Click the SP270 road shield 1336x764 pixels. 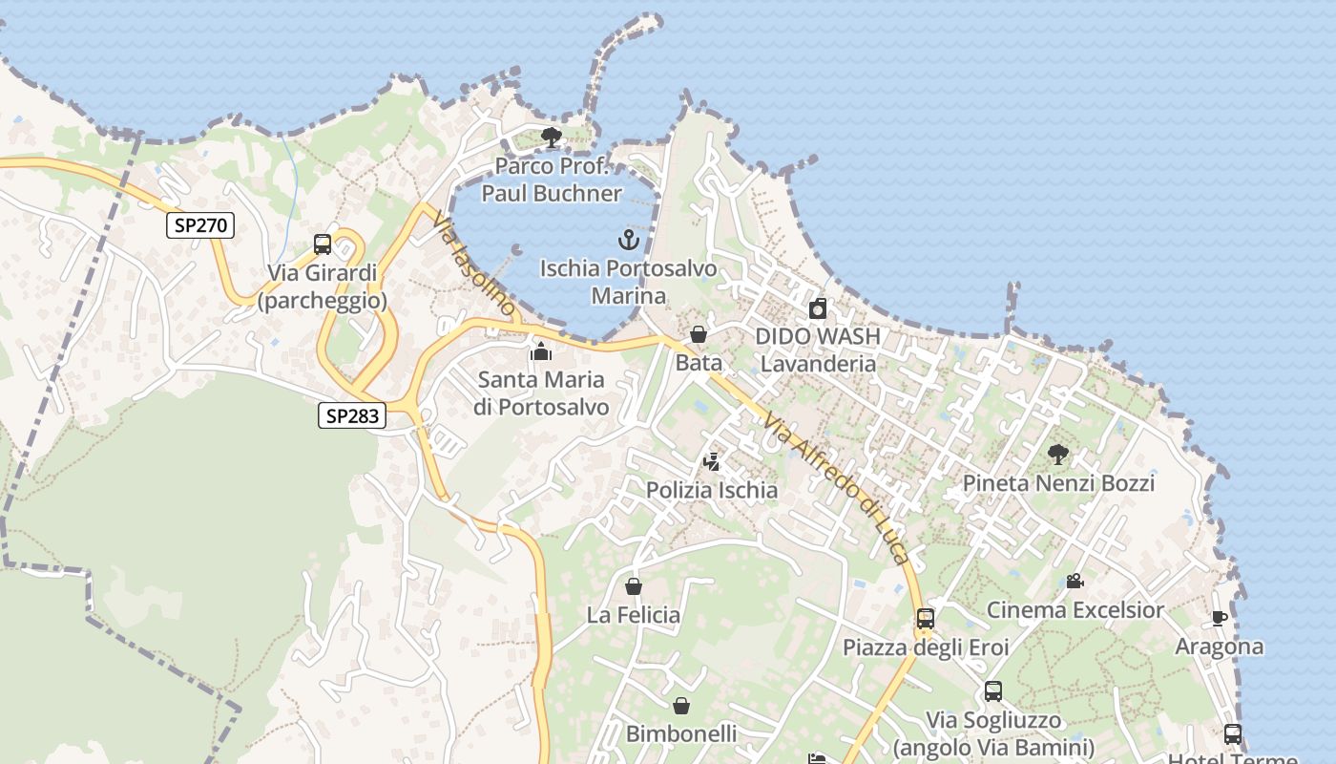200,225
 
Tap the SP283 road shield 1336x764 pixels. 351,415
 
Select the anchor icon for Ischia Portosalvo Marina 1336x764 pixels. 628,239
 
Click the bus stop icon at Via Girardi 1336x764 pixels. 323,244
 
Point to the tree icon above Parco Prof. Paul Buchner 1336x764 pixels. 551,138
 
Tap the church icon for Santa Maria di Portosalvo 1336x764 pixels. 541,351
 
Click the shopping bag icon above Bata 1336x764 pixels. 699,334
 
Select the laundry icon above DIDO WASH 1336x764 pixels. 818,308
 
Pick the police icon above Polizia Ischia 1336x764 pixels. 711,462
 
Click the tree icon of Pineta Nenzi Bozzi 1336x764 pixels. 1057,455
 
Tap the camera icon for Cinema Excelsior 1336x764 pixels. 1075,581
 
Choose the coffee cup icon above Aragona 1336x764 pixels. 1219,618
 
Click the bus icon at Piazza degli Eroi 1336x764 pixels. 925,618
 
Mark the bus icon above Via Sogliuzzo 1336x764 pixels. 993,691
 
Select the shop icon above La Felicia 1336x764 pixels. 634,585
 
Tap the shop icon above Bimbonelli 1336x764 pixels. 681,706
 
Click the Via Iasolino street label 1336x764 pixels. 473,264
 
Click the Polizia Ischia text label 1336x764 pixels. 712,490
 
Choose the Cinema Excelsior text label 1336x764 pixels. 1075,609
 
